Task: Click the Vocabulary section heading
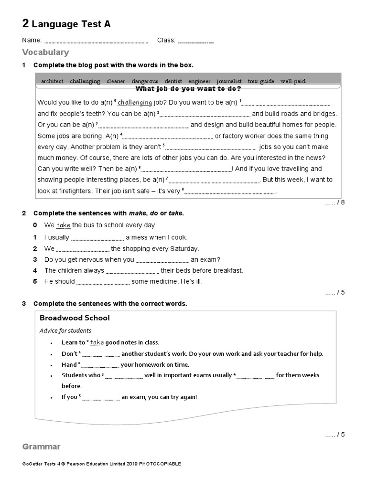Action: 45,53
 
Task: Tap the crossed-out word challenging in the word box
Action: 85,81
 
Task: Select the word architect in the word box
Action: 52,81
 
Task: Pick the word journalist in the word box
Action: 229,81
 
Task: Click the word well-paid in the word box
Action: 292,81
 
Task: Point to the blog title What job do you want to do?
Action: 188,89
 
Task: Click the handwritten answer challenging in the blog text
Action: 135,103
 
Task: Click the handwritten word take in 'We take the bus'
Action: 64,225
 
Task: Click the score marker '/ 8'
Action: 335,202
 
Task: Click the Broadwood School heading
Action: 75,318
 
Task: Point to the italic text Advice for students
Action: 65,330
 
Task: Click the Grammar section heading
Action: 42,447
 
